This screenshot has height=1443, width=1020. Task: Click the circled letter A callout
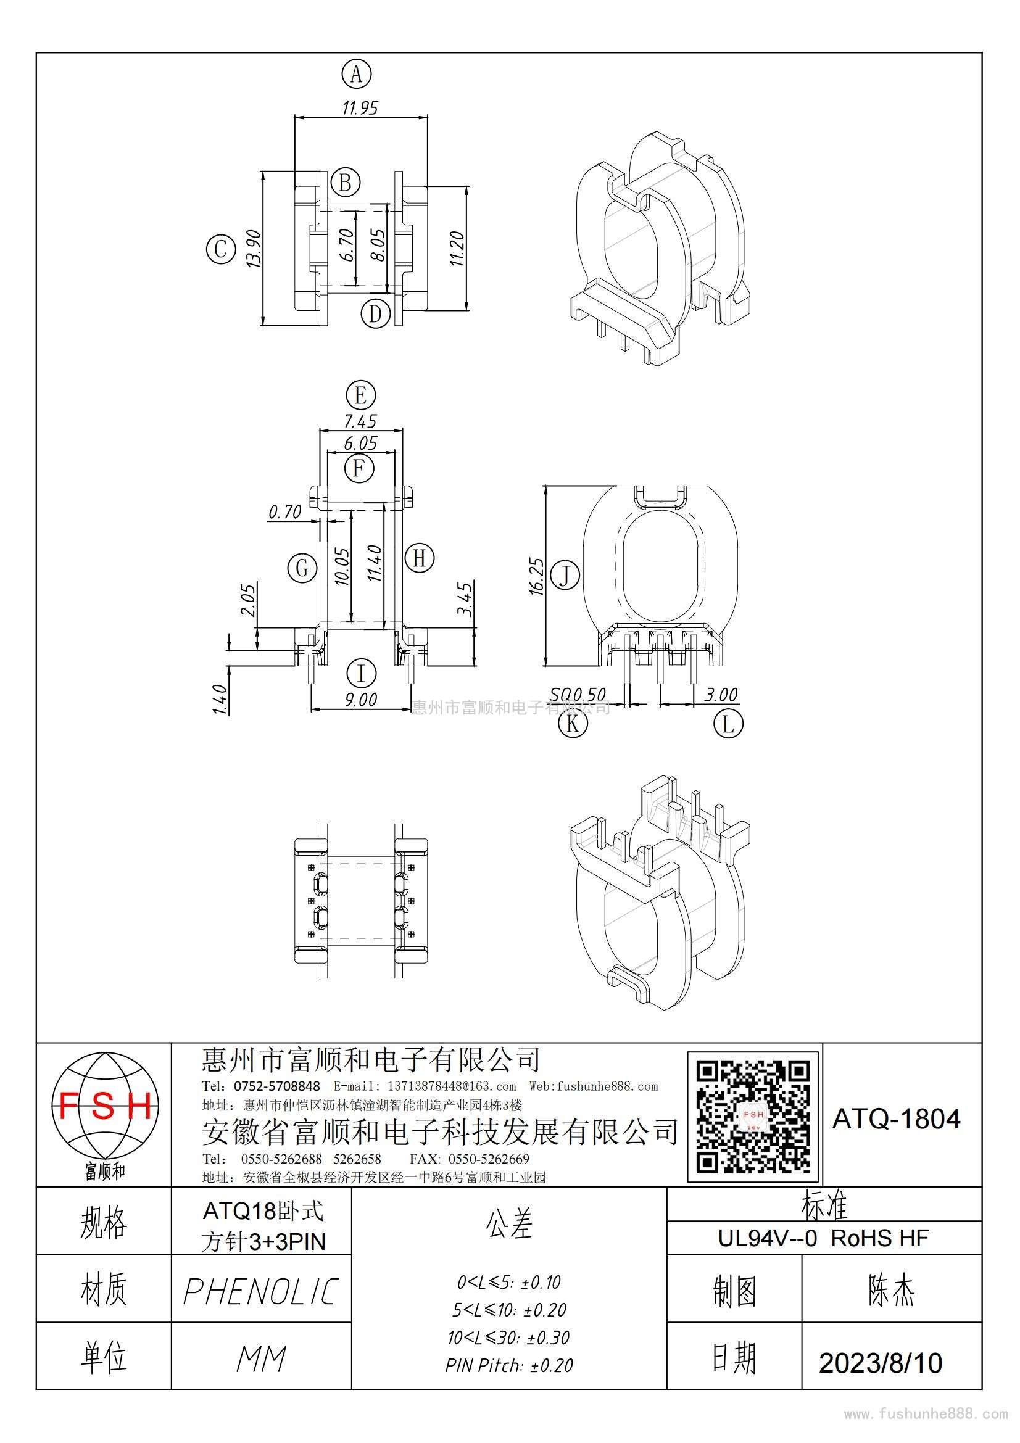click(x=356, y=75)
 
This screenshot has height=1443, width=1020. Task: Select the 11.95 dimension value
click(x=360, y=108)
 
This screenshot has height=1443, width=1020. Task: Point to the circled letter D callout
click(x=376, y=312)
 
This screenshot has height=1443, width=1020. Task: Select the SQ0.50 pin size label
click(x=578, y=695)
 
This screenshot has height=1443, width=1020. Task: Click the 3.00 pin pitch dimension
click(x=721, y=695)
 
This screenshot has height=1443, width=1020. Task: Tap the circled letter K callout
click(x=573, y=724)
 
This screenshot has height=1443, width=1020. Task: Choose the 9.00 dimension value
click(x=361, y=700)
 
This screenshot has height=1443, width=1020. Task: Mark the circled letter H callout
click(x=419, y=558)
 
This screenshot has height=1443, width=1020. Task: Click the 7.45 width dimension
click(x=360, y=421)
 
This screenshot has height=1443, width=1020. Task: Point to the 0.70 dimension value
click(x=285, y=512)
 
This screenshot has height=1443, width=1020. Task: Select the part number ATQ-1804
click(x=896, y=1119)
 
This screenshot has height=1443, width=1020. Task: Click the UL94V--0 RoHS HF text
click(x=823, y=1238)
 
